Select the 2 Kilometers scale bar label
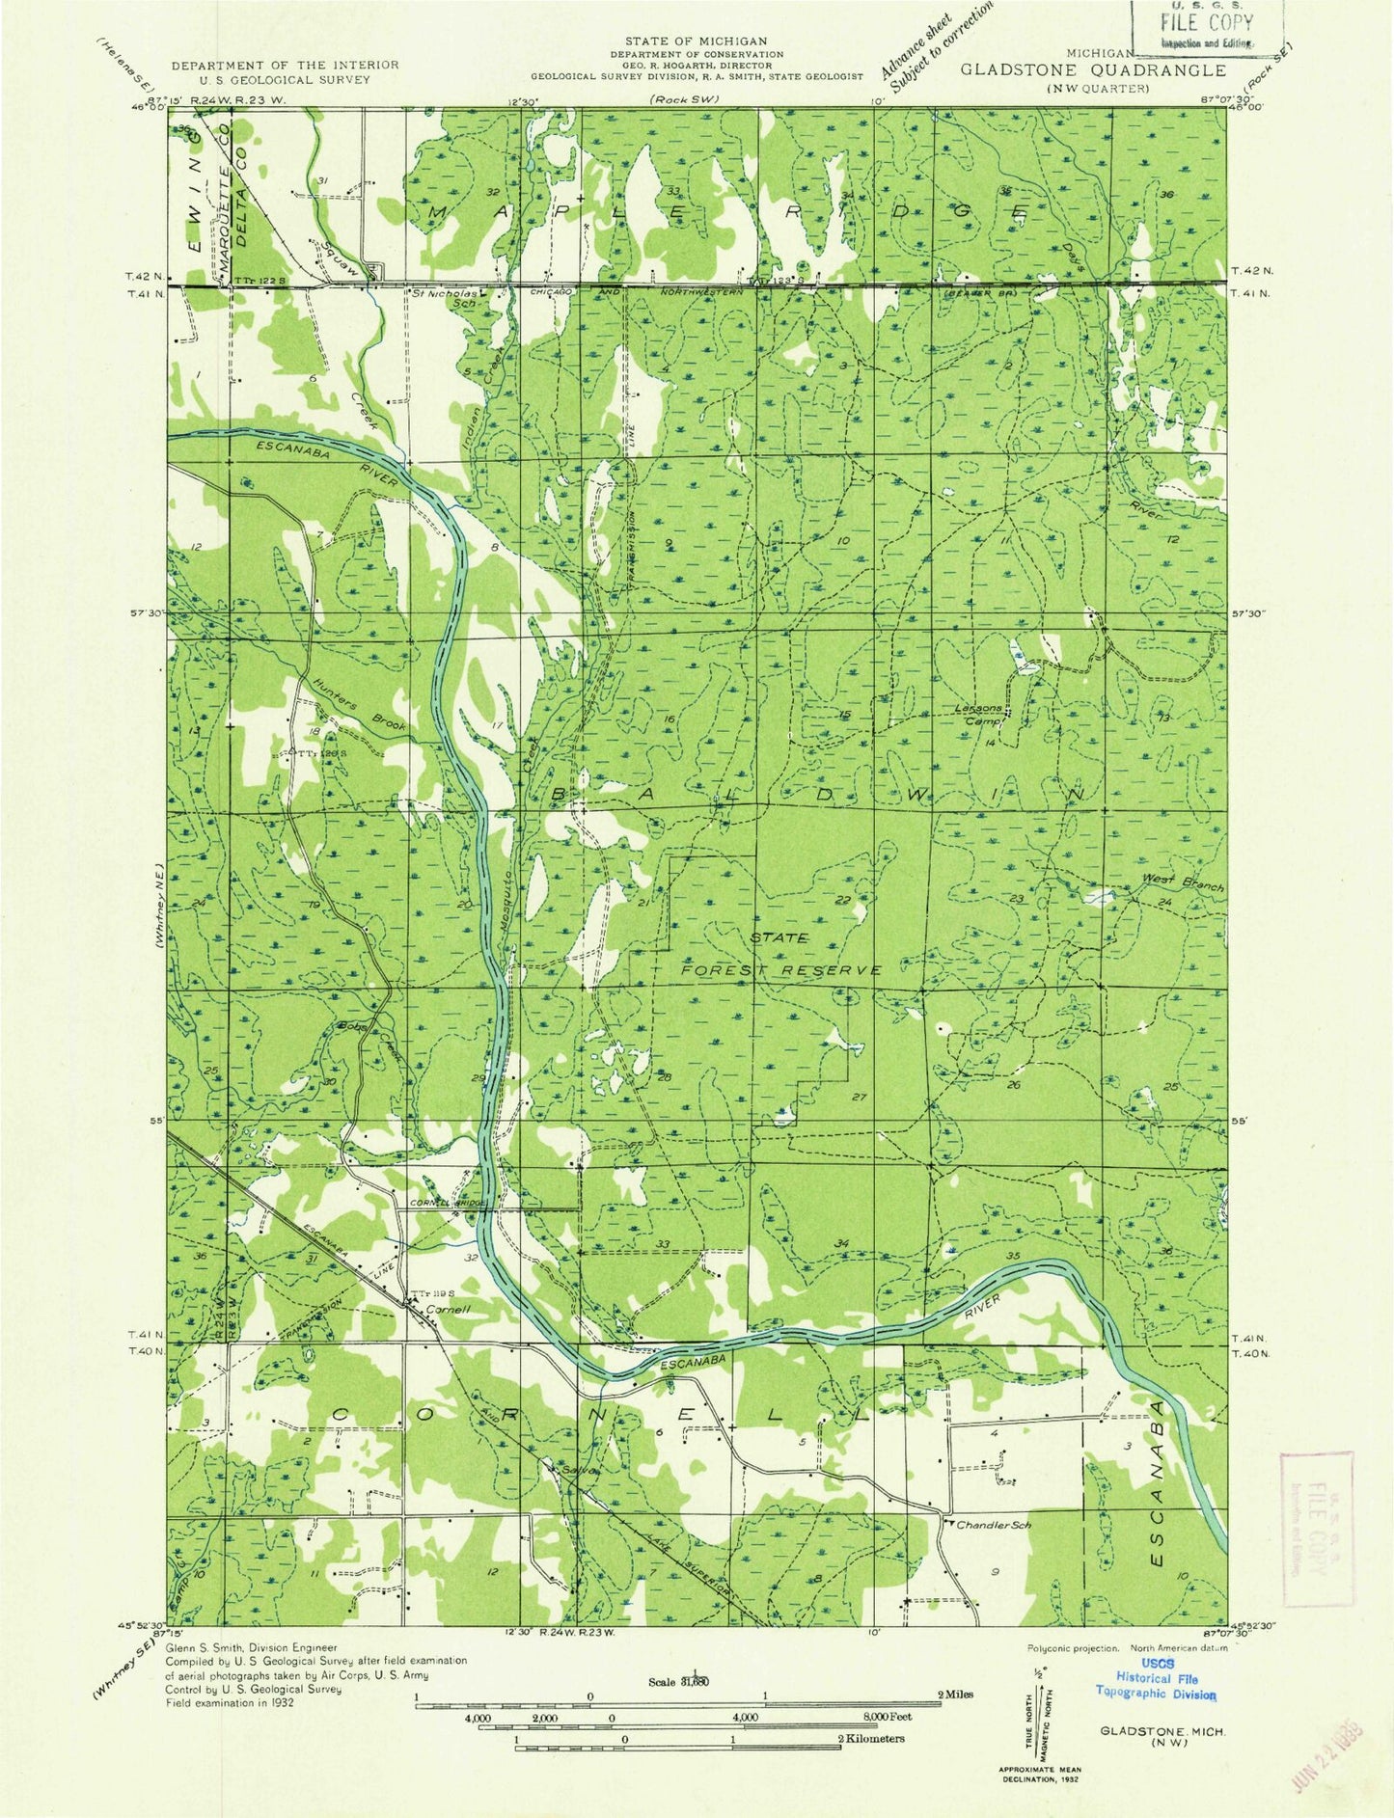pos(870,1738)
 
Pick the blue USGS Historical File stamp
pos(1156,1686)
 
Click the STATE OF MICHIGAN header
pos(696,41)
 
